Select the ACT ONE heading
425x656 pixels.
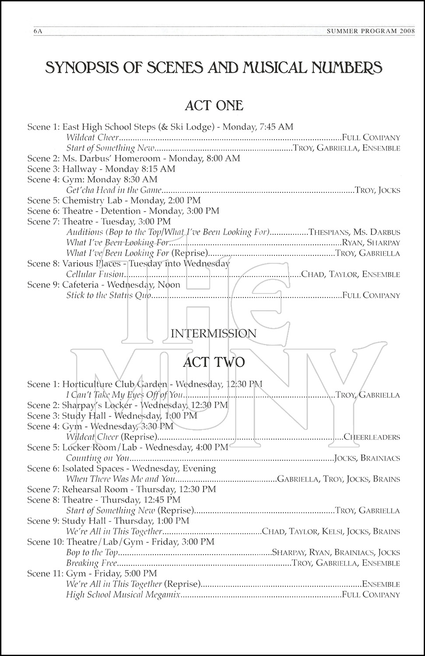point(214,105)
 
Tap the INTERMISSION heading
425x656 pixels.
point(214,334)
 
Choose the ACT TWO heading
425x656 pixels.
point(214,362)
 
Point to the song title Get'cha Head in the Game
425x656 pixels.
point(114,190)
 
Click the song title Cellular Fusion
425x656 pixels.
point(95,274)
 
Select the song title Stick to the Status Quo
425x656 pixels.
point(109,295)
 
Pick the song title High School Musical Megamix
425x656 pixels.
point(123,594)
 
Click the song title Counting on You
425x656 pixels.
point(98,458)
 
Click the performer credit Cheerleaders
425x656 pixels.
point(372,437)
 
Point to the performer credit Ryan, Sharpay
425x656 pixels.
point(371,243)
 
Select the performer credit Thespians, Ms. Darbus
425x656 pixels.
point(354,232)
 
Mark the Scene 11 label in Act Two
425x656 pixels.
point(44,573)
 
